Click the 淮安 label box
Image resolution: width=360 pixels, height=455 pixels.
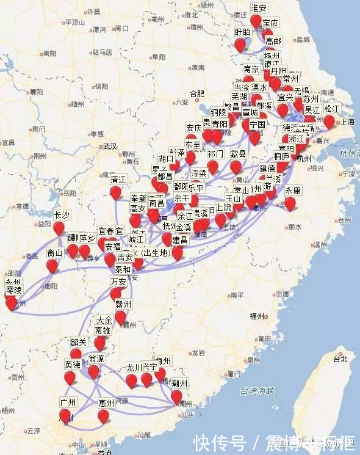[259, 8]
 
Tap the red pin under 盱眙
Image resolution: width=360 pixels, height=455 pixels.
[240, 44]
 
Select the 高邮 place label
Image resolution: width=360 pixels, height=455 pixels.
[273, 41]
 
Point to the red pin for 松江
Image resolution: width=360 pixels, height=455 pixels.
[329, 122]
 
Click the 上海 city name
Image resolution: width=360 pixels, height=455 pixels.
[347, 122]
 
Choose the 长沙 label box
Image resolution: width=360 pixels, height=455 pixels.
[62, 214]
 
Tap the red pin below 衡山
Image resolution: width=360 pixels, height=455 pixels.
[52, 266]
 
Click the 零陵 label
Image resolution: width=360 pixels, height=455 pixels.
[13, 289]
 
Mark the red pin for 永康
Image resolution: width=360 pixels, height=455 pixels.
[290, 203]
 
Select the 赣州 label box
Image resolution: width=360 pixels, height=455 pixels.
[123, 304]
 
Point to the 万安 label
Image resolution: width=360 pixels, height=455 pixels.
[118, 282]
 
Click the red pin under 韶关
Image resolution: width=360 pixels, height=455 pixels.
[76, 354]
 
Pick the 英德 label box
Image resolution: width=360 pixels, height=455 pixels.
[73, 365]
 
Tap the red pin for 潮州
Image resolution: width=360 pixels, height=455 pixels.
[176, 397]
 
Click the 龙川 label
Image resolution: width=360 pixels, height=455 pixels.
[134, 368]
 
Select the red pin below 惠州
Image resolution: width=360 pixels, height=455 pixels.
[104, 416]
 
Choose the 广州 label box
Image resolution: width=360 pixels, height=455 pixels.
[67, 402]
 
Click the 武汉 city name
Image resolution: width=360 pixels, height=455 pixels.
[110, 147]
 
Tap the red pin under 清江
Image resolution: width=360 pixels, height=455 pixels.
[116, 192]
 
